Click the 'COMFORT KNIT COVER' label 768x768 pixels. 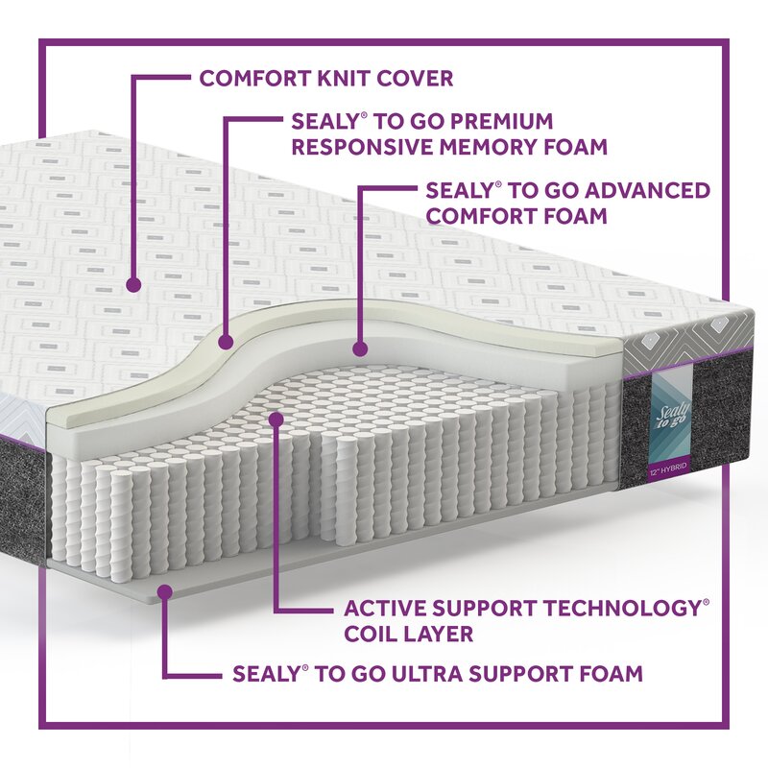click(325, 79)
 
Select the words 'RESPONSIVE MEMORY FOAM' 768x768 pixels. click(449, 148)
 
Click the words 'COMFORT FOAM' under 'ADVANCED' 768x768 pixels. click(516, 215)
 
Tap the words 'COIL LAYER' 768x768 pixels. click(408, 634)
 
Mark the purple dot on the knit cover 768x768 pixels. click(134, 284)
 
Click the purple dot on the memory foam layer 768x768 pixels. click(227, 341)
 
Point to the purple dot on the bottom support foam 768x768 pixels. click(165, 592)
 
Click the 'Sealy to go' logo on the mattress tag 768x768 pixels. click(672, 408)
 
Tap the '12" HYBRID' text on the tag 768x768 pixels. click(666, 470)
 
